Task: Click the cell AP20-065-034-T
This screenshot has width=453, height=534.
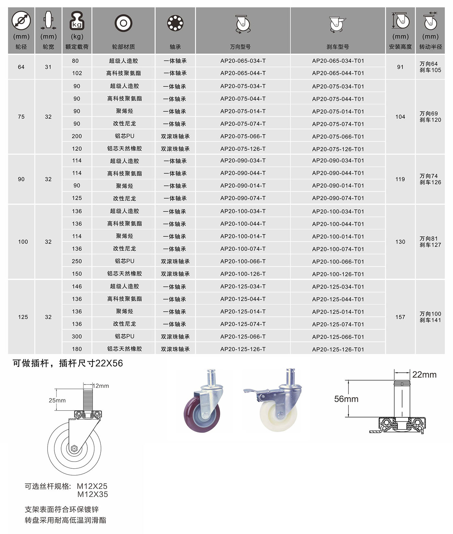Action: pyautogui.click(x=243, y=61)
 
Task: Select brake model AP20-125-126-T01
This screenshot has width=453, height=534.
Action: pyautogui.click(x=338, y=349)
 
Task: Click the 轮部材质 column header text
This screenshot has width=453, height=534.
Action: pyautogui.click(x=123, y=47)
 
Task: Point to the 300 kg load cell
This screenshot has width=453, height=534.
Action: pyautogui.click(x=77, y=336)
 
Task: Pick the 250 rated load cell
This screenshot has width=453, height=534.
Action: pyautogui.click(x=77, y=261)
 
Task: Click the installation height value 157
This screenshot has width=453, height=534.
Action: pyautogui.click(x=400, y=317)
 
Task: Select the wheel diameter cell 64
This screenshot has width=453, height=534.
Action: pyautogui.click(x=21, y=67)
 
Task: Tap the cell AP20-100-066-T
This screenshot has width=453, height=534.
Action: pyautogui.click(x=243, y=261)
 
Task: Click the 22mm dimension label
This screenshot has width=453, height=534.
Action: pyautogui.click(x=424, y=375)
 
